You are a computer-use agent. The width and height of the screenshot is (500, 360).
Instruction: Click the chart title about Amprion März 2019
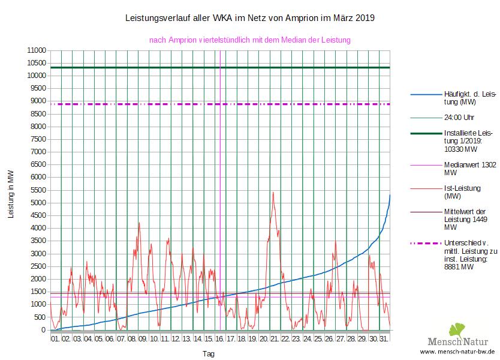249,18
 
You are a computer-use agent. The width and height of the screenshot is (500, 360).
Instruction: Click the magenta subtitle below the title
249,40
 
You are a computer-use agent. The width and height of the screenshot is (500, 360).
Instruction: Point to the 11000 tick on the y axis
37,50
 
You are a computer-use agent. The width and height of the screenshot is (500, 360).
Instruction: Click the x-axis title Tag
209,354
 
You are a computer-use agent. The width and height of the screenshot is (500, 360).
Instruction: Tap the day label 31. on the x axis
384,339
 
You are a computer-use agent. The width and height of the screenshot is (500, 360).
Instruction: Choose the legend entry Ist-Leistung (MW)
462,191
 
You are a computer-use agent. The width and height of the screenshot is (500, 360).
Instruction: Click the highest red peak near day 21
273,193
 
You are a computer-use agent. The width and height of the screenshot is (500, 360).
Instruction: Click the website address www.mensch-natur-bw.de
457,351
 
